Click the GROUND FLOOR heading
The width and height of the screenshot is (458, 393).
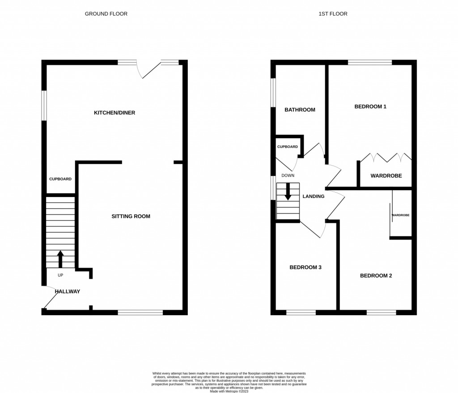click(106, 14)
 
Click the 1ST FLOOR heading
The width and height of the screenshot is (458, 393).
click(333, 14)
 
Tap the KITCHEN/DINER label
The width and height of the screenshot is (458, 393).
click(114, 113)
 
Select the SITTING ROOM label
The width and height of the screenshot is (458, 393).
click(131, 217)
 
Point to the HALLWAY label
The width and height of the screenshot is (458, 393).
click(68, 292)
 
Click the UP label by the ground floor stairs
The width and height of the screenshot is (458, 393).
click(60, 275)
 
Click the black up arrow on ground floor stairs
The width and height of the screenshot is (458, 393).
click(60, 259)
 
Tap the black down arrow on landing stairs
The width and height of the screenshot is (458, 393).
click(288, 192)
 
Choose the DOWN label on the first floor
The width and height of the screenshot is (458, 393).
click(288, 175)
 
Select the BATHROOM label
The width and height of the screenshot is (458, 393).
click(300, 110)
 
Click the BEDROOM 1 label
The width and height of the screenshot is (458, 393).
click(370, 107)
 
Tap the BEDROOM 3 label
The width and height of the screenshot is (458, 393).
click(305, 268)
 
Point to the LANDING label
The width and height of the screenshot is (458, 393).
click(314, 196)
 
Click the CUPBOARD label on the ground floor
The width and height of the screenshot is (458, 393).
click(60, 179)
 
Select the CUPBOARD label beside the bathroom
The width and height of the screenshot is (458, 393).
click(288, 147)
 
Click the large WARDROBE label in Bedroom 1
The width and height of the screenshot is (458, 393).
click(386, 176)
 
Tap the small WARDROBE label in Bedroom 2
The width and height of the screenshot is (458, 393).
click(400, 215)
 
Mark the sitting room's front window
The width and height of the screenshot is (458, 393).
click(140, 312)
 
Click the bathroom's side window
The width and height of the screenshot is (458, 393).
click(273, 93)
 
